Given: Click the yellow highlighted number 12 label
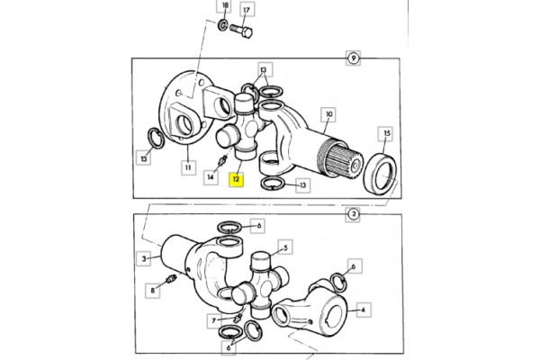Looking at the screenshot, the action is [x=236, y=179].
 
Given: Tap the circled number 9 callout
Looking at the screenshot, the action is [x=353, y=58].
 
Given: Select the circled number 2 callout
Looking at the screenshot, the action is [x=354, y=214].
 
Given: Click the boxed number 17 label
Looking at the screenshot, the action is [x=247, y=10].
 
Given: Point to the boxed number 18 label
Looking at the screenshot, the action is [x=225, y=6].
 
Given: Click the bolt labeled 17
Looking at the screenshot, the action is [x=241, y=31].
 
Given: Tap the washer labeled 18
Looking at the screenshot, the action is [x=223, y=24].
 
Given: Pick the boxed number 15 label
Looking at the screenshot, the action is [x=387, y=134].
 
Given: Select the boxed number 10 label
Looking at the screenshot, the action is [x=328, y=114].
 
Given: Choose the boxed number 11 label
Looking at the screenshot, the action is [x=188, y=167].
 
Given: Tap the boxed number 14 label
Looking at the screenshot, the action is [x=211, y=177].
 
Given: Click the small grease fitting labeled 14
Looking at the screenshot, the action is [x=223, y=160].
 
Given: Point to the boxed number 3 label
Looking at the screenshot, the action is [x=144, y=258].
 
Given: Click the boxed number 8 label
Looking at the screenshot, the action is [x=153, y=291].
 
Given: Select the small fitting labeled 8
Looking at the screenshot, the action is [x=172, y=278].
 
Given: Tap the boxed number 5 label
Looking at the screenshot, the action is [x=285, y=247].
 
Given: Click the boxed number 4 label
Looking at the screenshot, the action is [x=363, y=310].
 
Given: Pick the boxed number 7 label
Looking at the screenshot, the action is [x=214, y=321].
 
